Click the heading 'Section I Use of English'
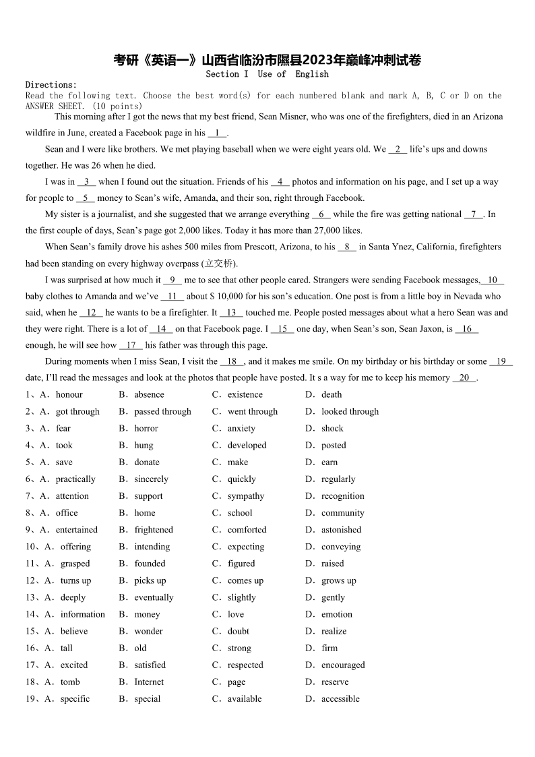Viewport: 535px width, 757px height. point(267,74)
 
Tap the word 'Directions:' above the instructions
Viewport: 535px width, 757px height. point(51,85)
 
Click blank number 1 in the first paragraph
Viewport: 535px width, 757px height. point(218,133)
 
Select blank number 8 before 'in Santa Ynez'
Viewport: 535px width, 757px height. point(347,247)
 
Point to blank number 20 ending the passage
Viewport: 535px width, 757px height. point(464,378)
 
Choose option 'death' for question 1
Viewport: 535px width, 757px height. point(332,395)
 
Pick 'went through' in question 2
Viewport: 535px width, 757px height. point(252,412)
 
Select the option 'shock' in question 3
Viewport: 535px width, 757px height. point(332,429)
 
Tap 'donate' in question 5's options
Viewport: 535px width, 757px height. point(147,462)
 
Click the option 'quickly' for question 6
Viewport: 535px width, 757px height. point(241,479)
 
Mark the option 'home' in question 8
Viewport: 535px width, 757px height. point(145,513)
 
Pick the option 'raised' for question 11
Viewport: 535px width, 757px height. point(332,564)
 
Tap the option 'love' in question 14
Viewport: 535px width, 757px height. point(236,614)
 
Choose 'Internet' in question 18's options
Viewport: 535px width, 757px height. point(149,682)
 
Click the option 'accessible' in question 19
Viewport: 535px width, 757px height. point(340,699)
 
